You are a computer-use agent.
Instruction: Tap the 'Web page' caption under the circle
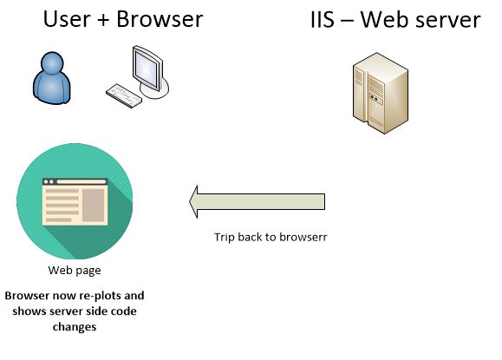[74, 270]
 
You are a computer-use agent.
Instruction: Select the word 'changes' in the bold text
[74, 327]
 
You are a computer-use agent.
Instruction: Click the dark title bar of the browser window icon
[75, 181]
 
